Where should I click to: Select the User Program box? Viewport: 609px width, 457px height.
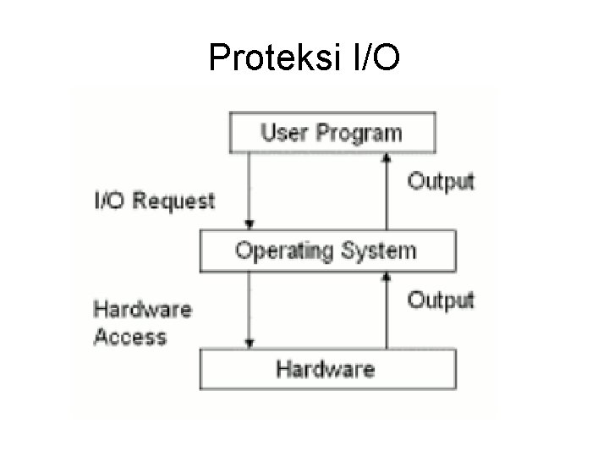click(332, 132)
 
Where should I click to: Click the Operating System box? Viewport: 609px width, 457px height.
click(326, 251)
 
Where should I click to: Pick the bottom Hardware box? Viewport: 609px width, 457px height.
click(326, 369)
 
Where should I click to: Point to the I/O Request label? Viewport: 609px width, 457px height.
click(154, 201)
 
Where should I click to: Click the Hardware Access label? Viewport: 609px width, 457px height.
click(142, 322)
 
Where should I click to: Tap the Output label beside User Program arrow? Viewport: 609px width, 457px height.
click(442, 181)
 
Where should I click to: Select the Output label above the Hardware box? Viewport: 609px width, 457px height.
click(442, 300)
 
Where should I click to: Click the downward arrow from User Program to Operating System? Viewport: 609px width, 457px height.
click(249, 190)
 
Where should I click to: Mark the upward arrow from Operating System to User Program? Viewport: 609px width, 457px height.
click(387, 190)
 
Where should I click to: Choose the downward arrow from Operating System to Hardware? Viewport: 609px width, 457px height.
click(249, 309)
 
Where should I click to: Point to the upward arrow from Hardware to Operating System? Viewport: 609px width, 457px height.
click(387, 309)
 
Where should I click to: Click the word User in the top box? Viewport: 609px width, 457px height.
click(283, 132)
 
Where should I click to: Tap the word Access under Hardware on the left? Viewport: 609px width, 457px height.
click(129, 337)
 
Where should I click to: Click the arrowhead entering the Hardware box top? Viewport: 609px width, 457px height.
click(249, 343)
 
